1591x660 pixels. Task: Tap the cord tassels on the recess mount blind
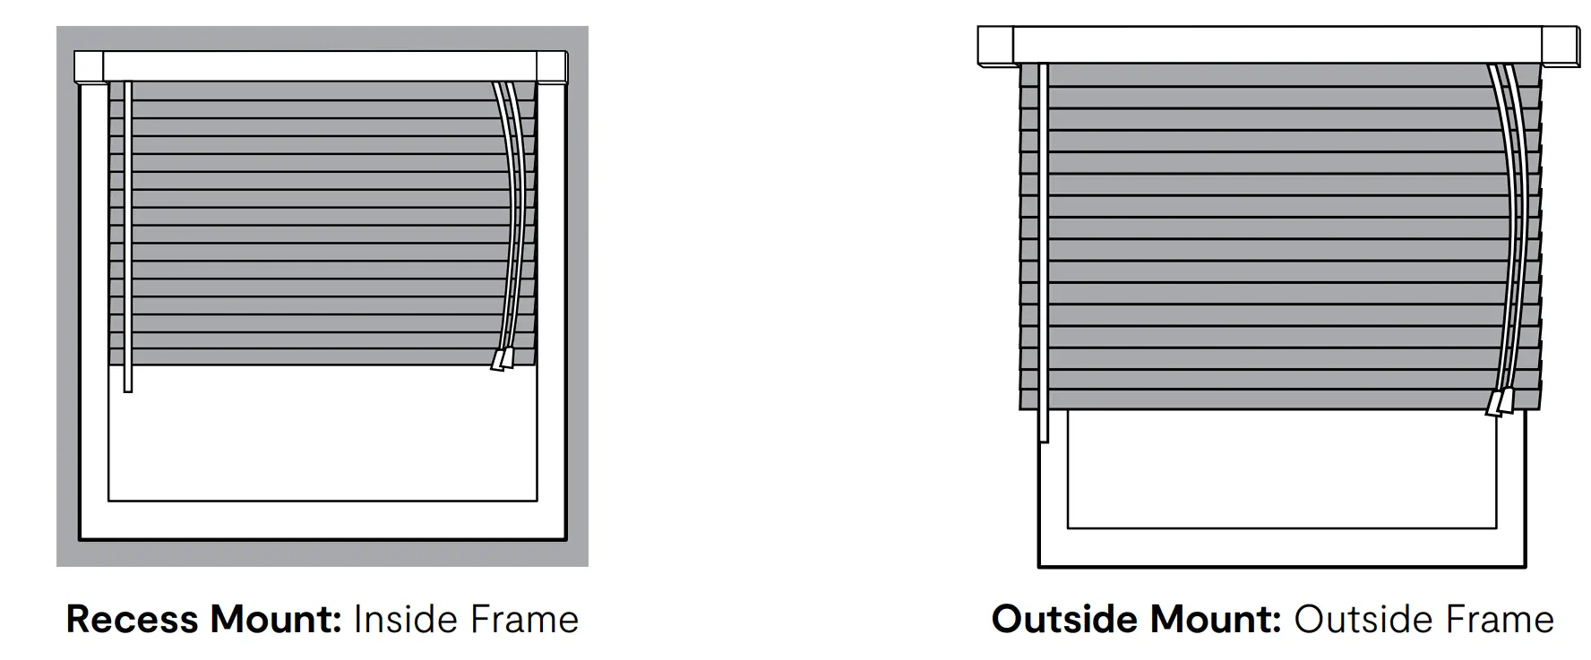(503, 359)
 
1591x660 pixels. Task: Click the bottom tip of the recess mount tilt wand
(128, 387)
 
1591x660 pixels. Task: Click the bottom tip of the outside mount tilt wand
(1044, 438)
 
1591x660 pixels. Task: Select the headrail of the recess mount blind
(320, 66)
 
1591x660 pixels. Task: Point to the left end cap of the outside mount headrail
(994, 46)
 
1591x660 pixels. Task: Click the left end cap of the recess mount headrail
(89, 67)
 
